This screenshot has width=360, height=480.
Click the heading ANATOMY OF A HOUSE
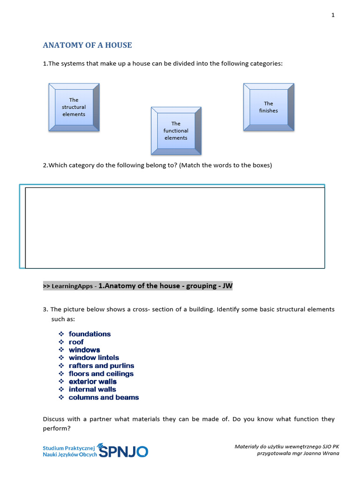click(x=87, y=45)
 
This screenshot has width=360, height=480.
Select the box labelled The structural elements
click(x=74, y=107)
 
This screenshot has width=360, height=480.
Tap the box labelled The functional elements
click(x=176, y=131)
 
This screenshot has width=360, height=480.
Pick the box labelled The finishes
click(x=269, y=107)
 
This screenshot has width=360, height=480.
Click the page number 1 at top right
click(x=333, y=15)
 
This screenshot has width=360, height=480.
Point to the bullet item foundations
click(x=90, y=334)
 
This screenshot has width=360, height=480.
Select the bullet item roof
click(x=76, y=342)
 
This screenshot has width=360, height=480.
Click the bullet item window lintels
click(x=94, y=358)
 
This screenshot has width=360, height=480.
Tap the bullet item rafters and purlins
click(x=101, y=366)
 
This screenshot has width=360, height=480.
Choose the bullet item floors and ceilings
click(x=101, y=374)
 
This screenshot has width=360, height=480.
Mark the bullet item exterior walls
click(x=92, y=382)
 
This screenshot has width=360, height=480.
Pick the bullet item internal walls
click(x=92, y=390)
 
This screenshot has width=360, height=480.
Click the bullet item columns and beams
click(x=104, y=397)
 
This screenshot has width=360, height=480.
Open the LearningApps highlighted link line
click(x=138, y=286)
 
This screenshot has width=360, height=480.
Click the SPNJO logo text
click(x=124, y=451)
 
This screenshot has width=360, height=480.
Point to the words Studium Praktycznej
click(x=69, y=448)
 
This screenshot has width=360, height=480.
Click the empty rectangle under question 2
click(x=174, y=228)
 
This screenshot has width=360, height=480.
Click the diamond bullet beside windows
click(x=61, y=350)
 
